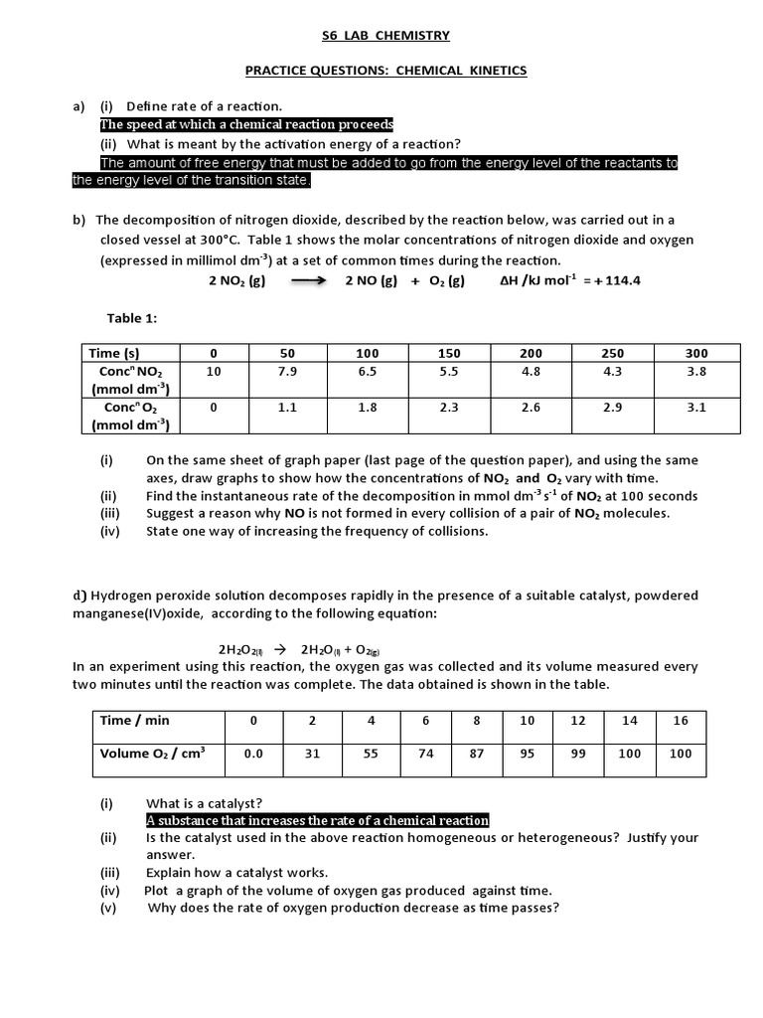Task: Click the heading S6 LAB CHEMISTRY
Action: tap(385, 36)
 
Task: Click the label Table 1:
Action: tap(133, 318)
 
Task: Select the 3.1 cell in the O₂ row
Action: tap(696, 407)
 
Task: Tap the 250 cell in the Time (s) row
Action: tap(613, 353)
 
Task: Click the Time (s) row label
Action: tap(114, 353)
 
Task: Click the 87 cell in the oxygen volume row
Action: tap(477, 754)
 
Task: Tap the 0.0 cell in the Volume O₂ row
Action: tap(253, 754)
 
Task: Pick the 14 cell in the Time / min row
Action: tap(630, 721)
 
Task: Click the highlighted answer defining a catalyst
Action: tap(317, 820)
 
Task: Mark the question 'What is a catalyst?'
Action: tap(204, 803)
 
